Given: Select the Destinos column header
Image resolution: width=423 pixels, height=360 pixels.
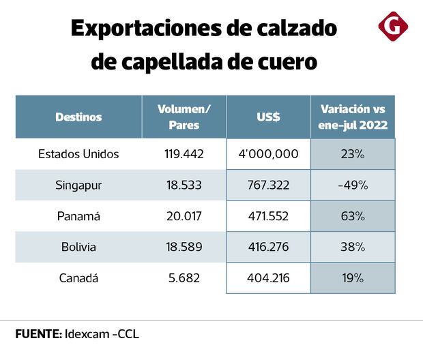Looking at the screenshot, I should click(x=78, y=117).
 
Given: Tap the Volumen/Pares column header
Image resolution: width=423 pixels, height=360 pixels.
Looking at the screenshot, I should click(x=184, y=117).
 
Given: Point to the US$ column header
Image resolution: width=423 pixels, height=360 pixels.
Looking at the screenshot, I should click(x=268, y=117).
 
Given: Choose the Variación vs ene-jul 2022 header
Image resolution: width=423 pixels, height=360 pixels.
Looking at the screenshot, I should click(x=353, y=117).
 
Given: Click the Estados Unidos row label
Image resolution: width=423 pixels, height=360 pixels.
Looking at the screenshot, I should click(x=78, y=154).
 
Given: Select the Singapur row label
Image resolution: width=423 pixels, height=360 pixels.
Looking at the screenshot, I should click(x=78, y=185).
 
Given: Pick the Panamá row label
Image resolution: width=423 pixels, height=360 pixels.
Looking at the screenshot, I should click(x=78, y=216).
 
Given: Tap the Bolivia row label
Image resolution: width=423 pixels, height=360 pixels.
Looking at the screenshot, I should click(x=78, y=247).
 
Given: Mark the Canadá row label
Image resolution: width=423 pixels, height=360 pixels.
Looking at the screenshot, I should click(x=78, y=277).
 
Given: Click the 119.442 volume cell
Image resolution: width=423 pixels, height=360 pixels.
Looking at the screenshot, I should click(x=184, y=154).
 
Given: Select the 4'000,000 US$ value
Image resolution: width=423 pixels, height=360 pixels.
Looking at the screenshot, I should click(x=268, y=154).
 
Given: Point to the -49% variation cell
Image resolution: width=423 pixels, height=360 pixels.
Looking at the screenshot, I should click(x=353, y=185).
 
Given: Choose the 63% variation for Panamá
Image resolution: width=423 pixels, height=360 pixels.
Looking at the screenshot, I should click(x=353, y=216).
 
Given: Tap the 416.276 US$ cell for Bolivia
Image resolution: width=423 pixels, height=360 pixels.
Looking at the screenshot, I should click(x=268, y=247).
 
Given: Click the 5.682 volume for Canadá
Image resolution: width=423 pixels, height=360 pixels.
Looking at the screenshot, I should click(x=184, y=277).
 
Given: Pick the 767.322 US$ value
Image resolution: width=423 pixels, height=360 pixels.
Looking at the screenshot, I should click(x=268, y=185).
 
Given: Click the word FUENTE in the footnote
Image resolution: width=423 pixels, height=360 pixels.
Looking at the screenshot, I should click(x=38, y=335).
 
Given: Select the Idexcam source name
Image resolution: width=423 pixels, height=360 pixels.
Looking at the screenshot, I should click(x=88, y=335).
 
